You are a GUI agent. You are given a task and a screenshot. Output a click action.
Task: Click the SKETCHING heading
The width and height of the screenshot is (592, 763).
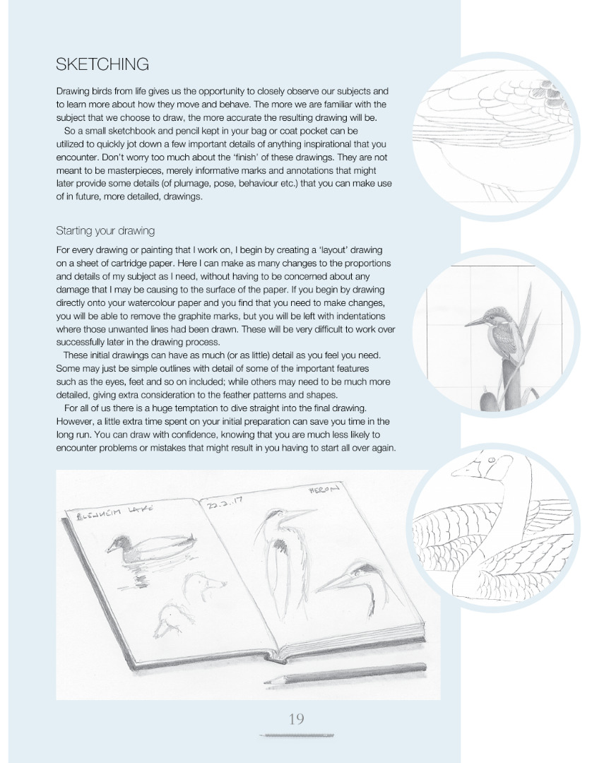coord(102,64)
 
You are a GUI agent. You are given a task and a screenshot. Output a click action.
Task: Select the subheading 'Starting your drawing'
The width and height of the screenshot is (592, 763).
coord(105,231)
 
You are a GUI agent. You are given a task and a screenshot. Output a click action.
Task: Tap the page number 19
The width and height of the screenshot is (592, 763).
coord(296,719)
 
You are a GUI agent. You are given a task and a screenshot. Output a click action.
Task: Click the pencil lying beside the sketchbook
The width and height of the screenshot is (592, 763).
coord(345,674)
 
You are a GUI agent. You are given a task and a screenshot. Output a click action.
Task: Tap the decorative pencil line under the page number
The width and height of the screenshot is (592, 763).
coord(296,736)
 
